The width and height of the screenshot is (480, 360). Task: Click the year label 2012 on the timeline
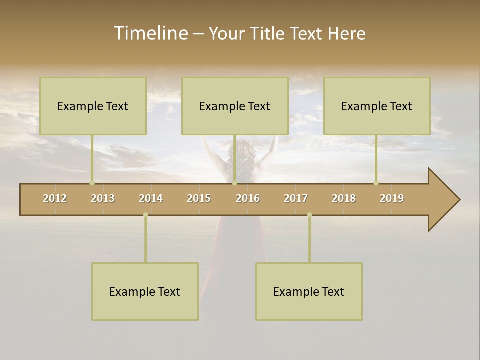coord(55,198)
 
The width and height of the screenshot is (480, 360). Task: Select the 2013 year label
coord(103,198)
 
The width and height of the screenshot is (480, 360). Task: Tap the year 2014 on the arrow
coord(151,198)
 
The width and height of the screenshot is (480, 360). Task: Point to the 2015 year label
coord(199,198)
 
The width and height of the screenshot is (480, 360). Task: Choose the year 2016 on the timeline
coord(248,198)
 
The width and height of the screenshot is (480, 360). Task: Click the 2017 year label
coord(296,198)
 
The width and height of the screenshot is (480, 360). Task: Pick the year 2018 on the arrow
coord(344,198)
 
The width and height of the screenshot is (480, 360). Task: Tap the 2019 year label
coord(392,198)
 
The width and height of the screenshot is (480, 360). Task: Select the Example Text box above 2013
coord(93,106)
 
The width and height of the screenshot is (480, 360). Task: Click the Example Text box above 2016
coord(235,106)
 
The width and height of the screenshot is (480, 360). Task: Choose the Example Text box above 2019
coord(377,106)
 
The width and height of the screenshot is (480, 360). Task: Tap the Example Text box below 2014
coord(145,291)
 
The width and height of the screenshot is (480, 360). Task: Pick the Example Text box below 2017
coord(309,291)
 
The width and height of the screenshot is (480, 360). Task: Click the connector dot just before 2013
coord(92,183)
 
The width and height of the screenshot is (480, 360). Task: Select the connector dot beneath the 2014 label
coord(145,215)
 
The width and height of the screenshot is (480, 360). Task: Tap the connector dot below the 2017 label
coord(309,215)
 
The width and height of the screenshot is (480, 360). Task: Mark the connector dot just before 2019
coord(376,183)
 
